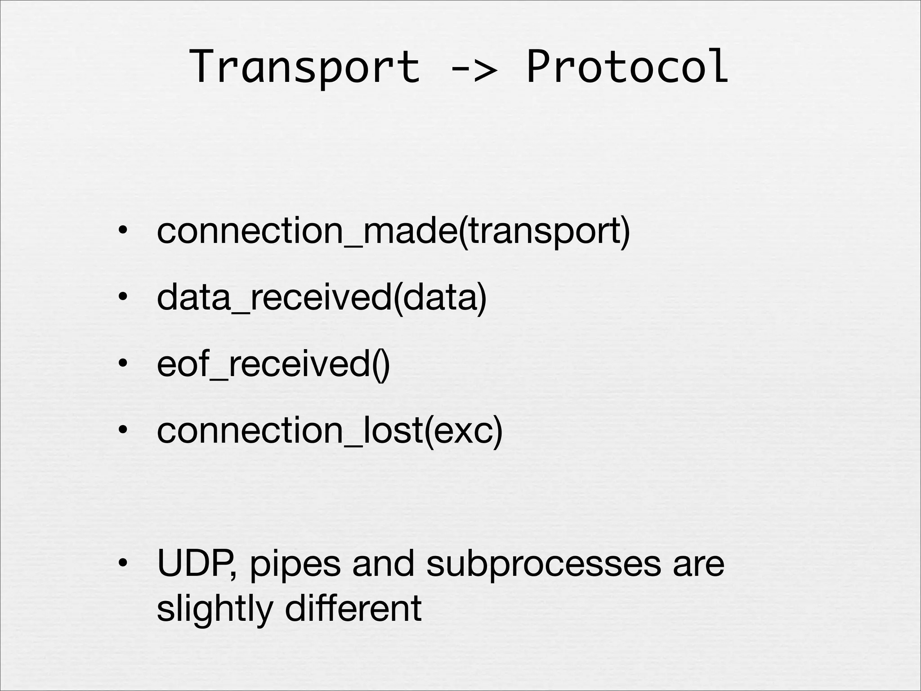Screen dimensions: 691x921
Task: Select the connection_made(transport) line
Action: tap(393, 232)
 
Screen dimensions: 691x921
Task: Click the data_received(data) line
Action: tap(322, 298)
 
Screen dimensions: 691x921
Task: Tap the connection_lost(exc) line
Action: tap(330, 430)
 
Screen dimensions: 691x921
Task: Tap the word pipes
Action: tap(295, 566)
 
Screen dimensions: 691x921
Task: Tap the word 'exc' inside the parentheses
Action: tap(463, 431)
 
